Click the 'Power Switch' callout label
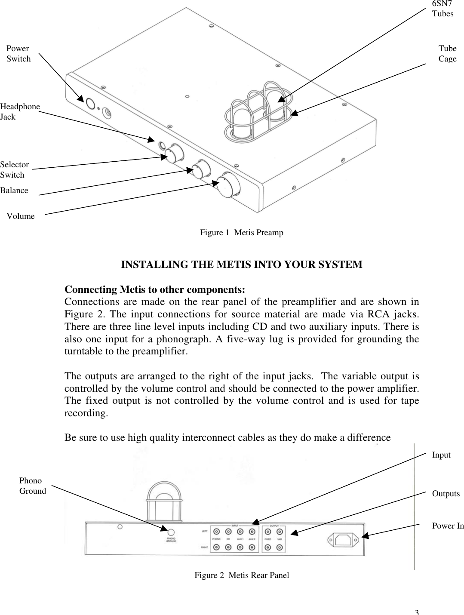point(18,54)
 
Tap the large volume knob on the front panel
point(228,184)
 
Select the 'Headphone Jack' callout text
point(20,111)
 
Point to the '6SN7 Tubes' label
point(442,9)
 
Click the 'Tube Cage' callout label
point(447,54)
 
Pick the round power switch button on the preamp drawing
point(90,104)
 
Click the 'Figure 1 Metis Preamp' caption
point(241,233)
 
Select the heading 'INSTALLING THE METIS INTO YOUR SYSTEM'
point(242,264)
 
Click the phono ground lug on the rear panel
point(171,532)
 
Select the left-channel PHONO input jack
point(217,532)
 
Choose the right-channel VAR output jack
point(280,547)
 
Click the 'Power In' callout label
point(448,526)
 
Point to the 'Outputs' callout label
point(446,493)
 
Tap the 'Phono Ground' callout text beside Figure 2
point(32,486)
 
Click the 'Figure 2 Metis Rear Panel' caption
point(242,575)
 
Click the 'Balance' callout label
point(14,190)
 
